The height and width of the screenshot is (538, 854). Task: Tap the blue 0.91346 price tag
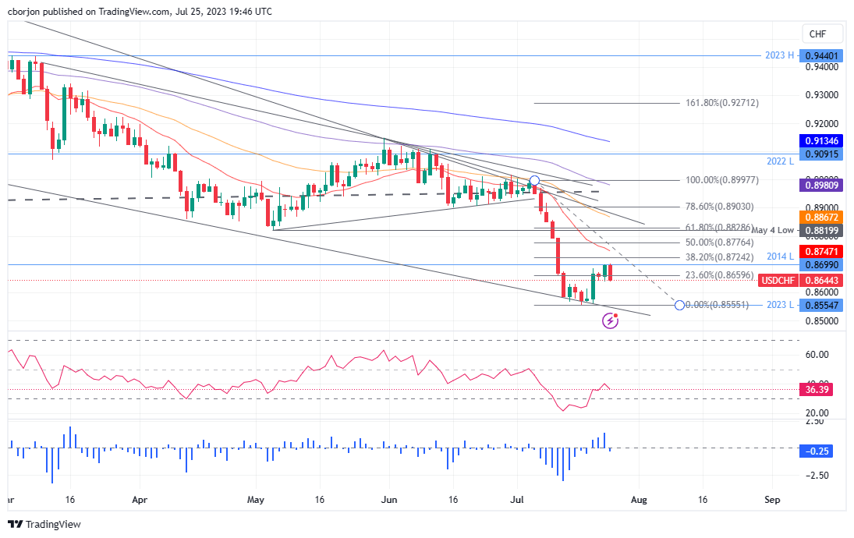point(823,141)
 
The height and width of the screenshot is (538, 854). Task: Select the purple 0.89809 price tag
point(823,186)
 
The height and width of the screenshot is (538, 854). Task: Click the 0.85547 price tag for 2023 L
point(823,305)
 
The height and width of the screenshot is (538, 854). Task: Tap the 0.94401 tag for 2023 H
point(823,56)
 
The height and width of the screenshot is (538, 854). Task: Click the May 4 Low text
point(773,230)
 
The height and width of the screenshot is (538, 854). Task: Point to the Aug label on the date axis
point(639,497)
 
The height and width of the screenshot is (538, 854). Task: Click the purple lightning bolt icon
point(611,320)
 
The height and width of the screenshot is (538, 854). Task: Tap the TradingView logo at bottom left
point(44,525)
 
